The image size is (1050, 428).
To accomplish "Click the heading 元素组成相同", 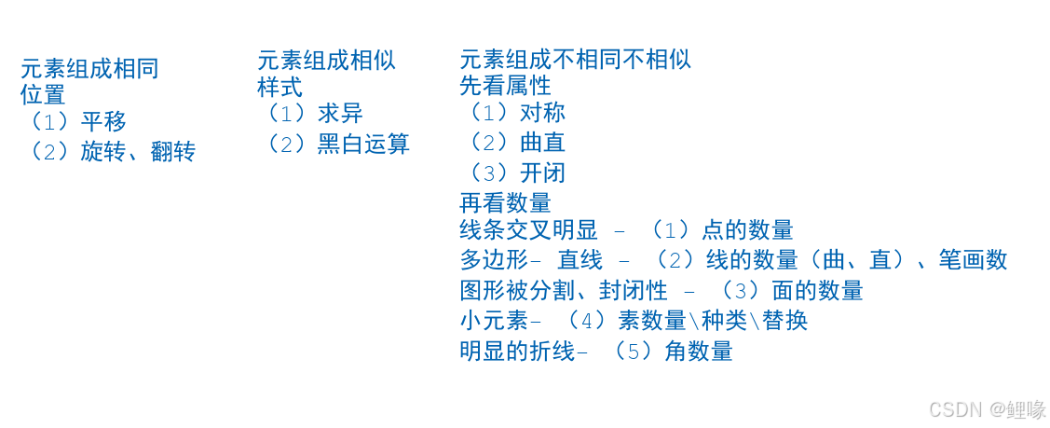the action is (89, 68).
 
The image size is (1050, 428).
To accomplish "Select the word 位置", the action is (43, 94).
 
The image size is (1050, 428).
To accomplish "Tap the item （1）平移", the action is (75, 121).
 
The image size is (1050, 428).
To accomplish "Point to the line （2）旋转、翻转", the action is (108, 152).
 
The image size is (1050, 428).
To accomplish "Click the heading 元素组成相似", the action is (326, 61).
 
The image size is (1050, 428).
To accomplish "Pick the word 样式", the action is (280, 88).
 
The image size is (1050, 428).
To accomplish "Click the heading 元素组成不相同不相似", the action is (575, 60).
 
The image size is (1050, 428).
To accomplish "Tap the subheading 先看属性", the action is (505, 86).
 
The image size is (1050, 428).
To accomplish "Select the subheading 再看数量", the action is (505, 203).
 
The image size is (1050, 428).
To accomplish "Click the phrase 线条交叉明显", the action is (528, 230).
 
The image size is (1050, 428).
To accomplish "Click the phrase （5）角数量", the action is (666, 352).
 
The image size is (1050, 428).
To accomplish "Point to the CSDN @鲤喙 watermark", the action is (988, 409).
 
